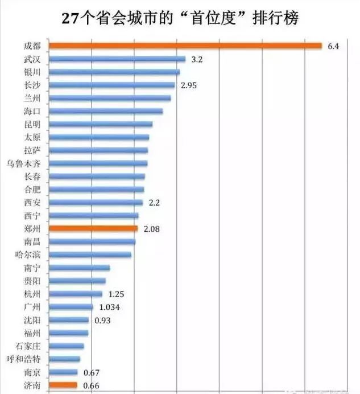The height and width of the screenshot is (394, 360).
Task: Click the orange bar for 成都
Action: [x=185, y=46]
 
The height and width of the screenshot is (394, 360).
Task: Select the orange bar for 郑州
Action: [x=93, y=228]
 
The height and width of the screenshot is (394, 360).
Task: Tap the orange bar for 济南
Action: [x=63, y=385]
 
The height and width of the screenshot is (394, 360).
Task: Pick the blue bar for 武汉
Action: [x=117, y=59]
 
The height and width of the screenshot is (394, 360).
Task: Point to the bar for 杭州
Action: [x=76, y=294]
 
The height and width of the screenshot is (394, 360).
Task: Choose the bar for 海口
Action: [x=106, y=111]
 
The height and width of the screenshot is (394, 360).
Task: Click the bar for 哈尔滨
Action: [x=90, y=255]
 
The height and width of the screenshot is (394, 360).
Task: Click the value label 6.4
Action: [x=333, y=46]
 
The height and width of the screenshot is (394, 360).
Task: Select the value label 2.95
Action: [x=189, y=85]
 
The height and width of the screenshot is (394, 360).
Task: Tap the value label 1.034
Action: [x=109, y=307]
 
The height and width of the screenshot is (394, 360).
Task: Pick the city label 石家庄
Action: [x=28, y=346]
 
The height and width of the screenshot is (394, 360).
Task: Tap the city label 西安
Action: [x=32, y=203]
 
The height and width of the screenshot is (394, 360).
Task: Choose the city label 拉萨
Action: [x=32, y=150]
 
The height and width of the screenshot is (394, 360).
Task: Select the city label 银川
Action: [x=32, y=72]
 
